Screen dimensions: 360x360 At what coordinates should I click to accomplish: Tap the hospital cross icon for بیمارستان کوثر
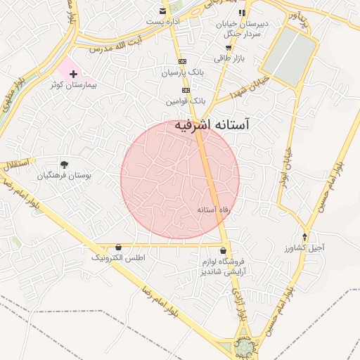tap(72, 73)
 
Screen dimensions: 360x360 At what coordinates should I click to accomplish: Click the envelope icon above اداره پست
tap(163, 11)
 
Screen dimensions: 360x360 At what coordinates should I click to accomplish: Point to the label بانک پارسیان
tap(181, 72)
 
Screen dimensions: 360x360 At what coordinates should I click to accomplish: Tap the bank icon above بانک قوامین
tap(186, 90)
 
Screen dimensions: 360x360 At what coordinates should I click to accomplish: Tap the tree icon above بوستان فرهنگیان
tap(65, 164)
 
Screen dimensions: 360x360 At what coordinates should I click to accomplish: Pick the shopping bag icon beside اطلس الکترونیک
tap(117, 247)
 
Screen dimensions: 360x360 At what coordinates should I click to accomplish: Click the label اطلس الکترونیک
tap(118, 258)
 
